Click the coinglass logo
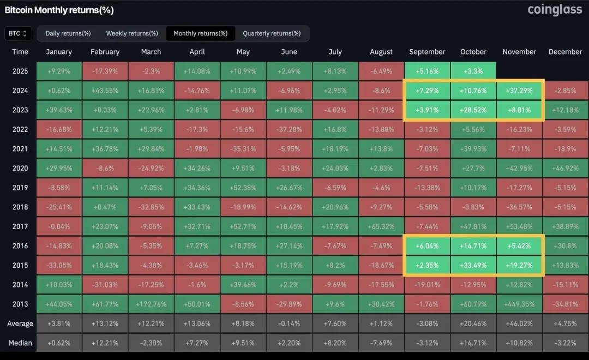[x=554, y=10]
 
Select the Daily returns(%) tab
[x=68, y=33]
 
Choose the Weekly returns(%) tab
[x=132, y=33]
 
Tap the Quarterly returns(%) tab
[x=272, y=33]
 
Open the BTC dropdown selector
[x=19, y=33]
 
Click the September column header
[x=427, y=52]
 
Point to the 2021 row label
[x=20, y=149]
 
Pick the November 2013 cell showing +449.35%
[x=519, y=304]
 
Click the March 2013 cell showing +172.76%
[x=151, y=304]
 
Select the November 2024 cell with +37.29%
[x=519, y=91]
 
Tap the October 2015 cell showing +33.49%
[x=473, y=265]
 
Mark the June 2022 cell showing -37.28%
[x=289, y=129]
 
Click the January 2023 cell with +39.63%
[x=59, y=110]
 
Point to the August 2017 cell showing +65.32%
[x=381, y=226]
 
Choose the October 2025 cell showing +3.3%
[x=473, y=71]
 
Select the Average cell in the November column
[x=519, y=323]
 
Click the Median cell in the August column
[x=381, y=343]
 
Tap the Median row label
[x=20, y=343]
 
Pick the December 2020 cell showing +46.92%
[x=565, y=168]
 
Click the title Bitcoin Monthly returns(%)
[x=59, y=10]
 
